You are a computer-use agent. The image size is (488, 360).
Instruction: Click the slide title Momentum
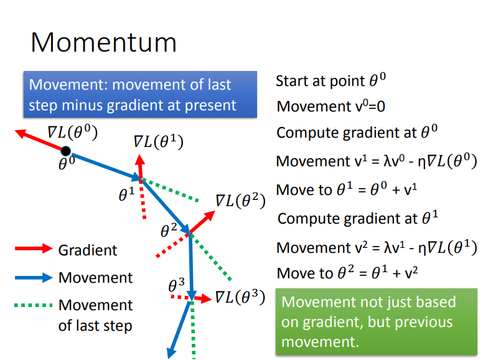103,42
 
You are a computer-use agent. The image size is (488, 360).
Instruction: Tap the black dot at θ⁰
65,150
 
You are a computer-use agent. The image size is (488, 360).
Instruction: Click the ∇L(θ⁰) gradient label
73,131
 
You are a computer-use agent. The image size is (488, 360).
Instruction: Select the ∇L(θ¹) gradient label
159,142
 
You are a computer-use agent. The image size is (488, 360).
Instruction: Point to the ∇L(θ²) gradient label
240,201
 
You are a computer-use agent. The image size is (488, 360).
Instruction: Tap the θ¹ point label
127,194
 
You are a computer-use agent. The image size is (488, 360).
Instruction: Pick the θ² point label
169,230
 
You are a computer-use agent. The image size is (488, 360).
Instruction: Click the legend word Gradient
88,250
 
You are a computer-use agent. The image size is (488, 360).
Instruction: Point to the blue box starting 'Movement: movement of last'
139,95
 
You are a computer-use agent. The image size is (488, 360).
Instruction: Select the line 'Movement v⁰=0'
331,107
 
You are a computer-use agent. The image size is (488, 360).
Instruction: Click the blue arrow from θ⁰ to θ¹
103,164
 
